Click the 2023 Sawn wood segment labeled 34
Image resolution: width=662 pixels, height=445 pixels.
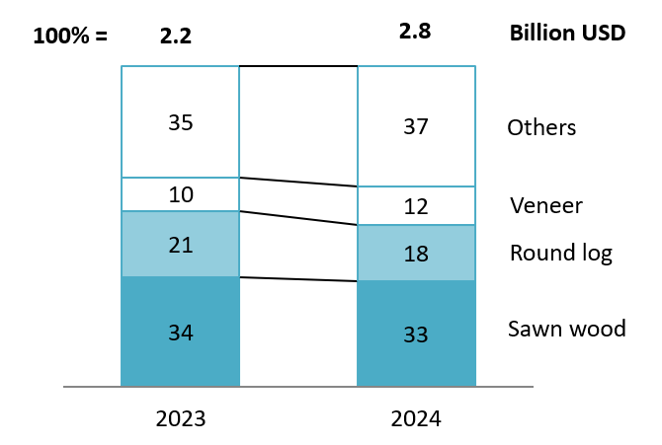pos(180,332)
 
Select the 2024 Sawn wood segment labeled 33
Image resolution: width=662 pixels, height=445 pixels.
pos(416,334)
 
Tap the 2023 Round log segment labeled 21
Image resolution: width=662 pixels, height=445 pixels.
pos(180,244)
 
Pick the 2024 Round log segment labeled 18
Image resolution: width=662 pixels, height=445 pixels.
pos(416,253)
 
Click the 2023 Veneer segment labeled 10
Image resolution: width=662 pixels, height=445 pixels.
pos(180,194)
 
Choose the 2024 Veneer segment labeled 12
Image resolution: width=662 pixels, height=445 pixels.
pos(416,206)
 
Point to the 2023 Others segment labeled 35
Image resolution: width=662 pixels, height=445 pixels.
pos(180,122)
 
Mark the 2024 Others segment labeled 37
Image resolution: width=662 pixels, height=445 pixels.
pos(416,126)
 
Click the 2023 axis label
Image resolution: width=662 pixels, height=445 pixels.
pos(180,417)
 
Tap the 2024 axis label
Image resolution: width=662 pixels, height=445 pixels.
pos(416,417)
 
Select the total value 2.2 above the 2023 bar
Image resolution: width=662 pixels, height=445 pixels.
pos(175,37)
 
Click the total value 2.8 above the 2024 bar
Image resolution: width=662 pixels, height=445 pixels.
pos(415,32)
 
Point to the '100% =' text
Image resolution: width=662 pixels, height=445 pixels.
pos(69,37)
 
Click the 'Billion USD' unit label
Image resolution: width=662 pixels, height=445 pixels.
pos(567,33)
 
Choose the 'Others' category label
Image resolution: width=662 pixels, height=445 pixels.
pos(540,127)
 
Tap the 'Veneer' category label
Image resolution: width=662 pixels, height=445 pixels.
pos(546,206)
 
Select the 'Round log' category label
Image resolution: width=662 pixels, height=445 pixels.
pos(560,254)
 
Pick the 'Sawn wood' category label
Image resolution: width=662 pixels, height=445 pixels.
pos(567,329)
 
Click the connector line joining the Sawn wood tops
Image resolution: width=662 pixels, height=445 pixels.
pos(297,279)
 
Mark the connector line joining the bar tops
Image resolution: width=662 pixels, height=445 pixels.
pos(297,67)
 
